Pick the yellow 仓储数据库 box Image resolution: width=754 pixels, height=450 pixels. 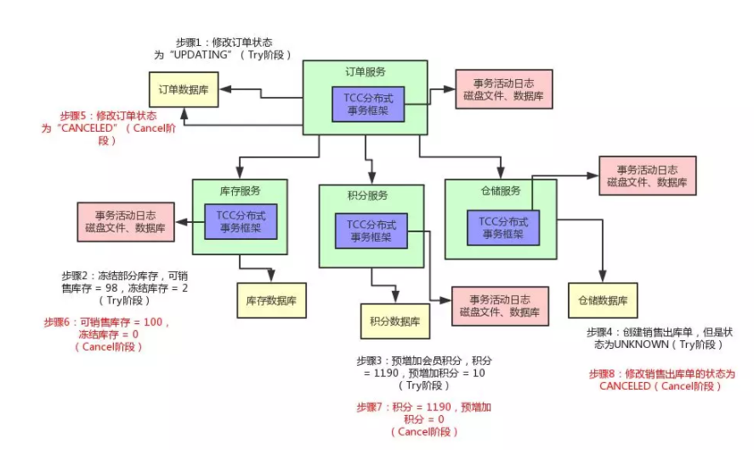pyautogui.click(x=603, y=300)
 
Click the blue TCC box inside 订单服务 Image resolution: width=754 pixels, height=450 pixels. pyautogui.click(x=368, y=104)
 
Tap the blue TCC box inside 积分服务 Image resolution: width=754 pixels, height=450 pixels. pyautogui.click(x=371, y=230)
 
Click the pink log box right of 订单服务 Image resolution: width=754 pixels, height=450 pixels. pyautogui.click(x=504, y=88)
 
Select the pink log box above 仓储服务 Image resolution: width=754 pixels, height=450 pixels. pyautogui.click(x=647, y=176)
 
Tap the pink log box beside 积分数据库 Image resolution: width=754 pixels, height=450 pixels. pyautogui.click(x=499, y=306)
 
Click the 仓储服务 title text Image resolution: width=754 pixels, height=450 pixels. pyautogui.click(x=501, y=191)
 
